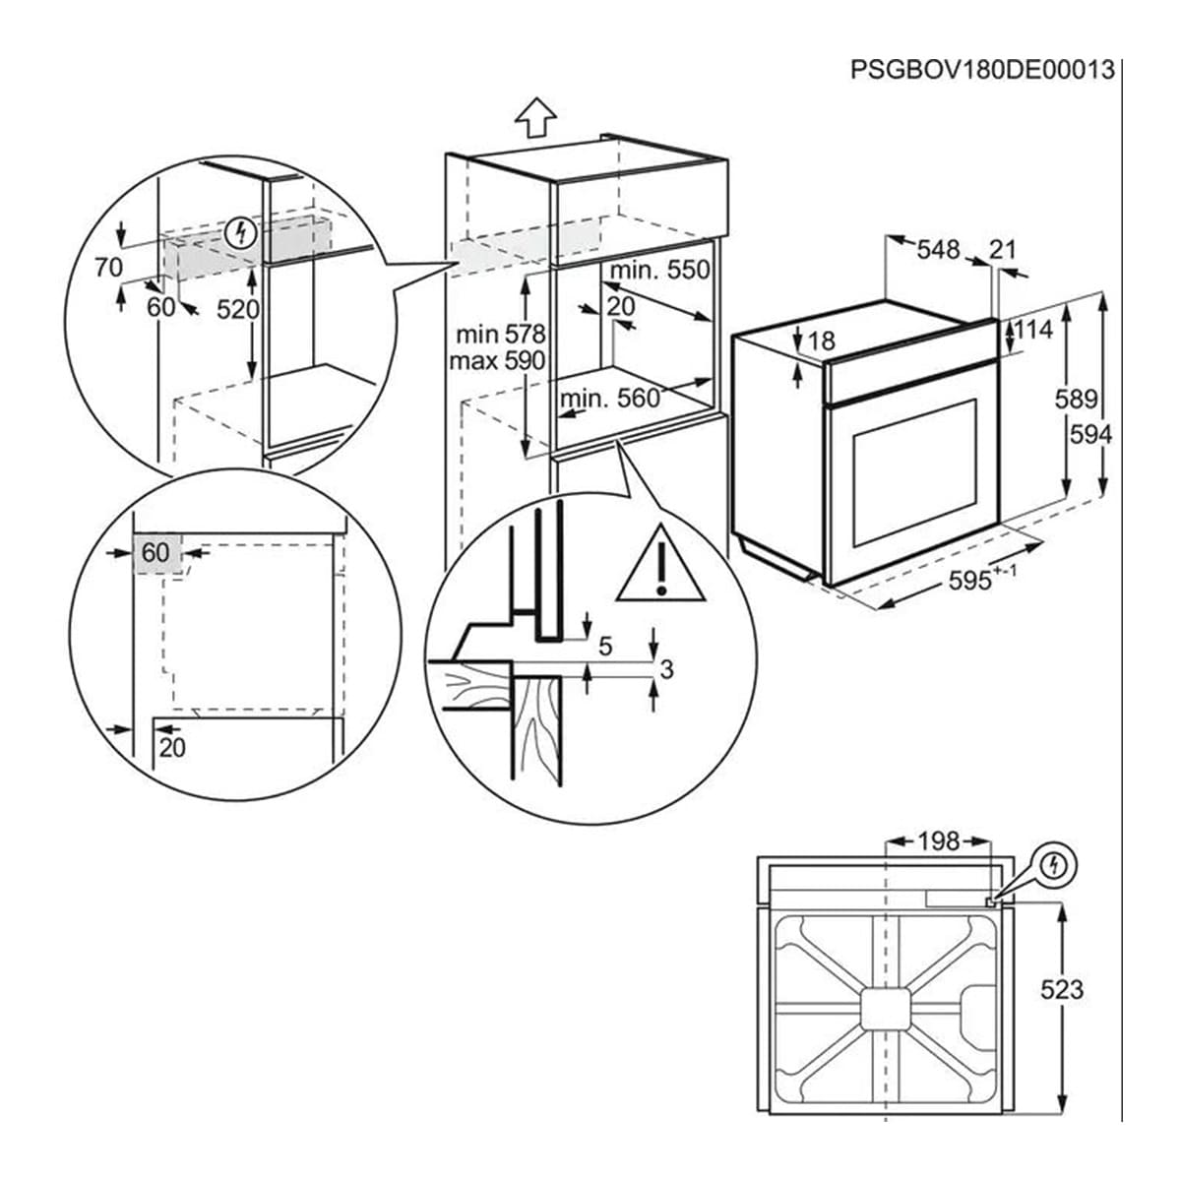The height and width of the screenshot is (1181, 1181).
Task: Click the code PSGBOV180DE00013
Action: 982,70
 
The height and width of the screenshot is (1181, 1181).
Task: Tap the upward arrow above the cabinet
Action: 535,118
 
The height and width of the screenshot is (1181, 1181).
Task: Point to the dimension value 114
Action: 1032,330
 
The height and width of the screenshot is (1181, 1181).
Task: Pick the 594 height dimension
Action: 1089,433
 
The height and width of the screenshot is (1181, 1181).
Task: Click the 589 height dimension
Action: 1076,399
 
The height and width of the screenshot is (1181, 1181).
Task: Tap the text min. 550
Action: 659,270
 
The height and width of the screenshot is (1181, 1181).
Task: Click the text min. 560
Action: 609,398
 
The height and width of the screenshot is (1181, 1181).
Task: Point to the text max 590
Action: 496,360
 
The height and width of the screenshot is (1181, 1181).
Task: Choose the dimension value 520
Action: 237,309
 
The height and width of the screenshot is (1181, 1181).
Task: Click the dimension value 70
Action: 109,267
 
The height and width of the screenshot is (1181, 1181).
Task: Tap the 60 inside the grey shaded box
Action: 155,553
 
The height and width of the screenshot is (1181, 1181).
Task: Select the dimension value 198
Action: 937,841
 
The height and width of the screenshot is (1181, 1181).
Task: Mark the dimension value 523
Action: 1061,988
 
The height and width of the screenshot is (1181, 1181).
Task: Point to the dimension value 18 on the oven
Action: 821,341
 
